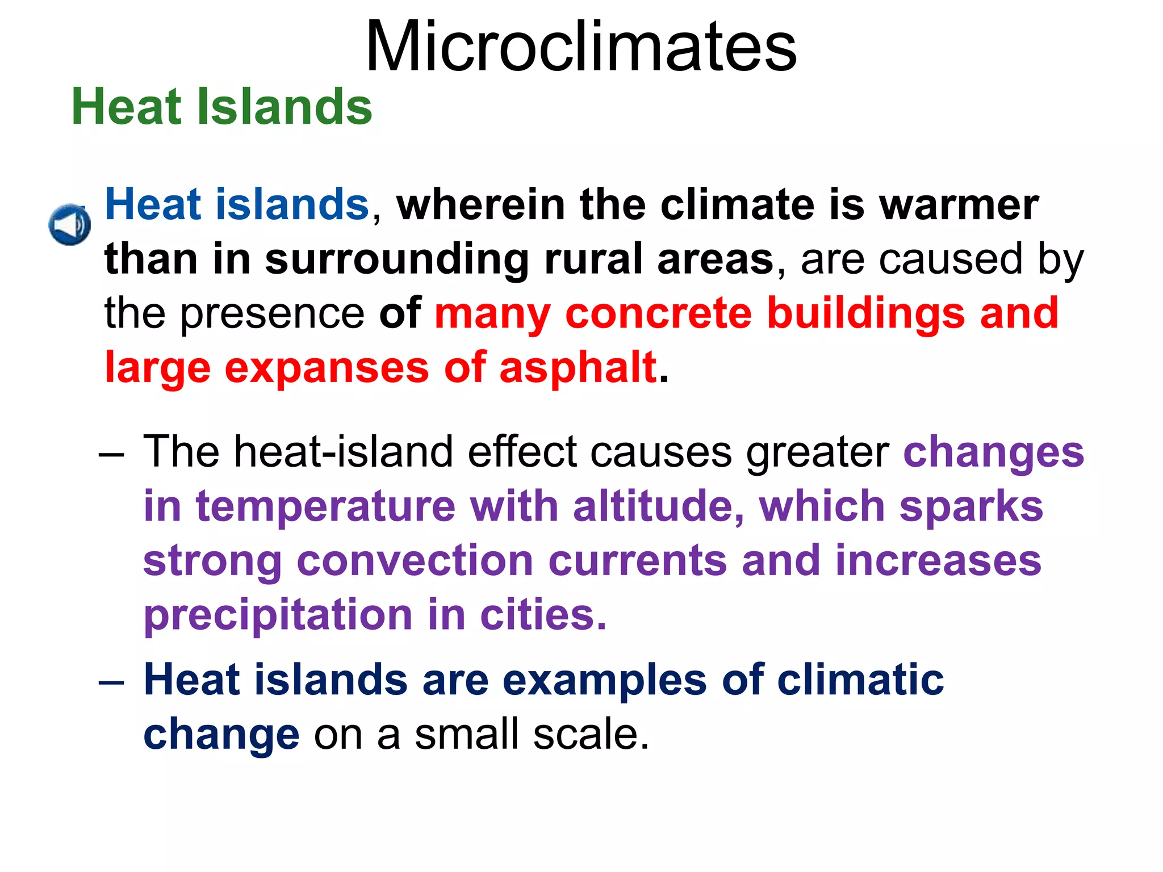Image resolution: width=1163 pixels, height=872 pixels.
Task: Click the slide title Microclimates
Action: (x=581, y=47)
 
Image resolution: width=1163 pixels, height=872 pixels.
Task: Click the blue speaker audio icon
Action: (x=69, y=225)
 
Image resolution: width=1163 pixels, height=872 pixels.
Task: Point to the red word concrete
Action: (x=658, y=313)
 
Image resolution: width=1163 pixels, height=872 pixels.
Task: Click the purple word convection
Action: (x=415, y=561)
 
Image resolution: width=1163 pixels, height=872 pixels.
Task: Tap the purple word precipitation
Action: (x=278, y=616)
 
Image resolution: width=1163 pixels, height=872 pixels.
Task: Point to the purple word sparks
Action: (x=971, y=507)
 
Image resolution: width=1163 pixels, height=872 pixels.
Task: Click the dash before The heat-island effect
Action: (x=111, y=455)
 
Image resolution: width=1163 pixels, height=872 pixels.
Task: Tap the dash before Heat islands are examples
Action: (x=111, y=682)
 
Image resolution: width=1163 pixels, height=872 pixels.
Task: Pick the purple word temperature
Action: (x=325, y=507)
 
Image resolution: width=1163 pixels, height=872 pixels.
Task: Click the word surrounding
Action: (x=397, y=261)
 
